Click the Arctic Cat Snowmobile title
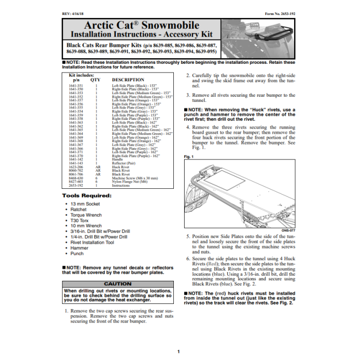[141, 25]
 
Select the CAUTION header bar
[118, 284]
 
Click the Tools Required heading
[86, 196]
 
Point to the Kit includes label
[81, 75]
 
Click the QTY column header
[96, 80]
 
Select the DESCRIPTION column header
[128, 80]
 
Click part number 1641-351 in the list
[76, 85]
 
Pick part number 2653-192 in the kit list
[76, 186]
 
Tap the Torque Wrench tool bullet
[86, 215]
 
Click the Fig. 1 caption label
[189, 156]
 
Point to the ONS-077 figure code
[289, 231]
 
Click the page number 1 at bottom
[178, 351]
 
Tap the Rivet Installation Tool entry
[93, 242]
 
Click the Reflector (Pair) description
[124, 164]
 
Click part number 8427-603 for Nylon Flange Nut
[76, 182]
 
